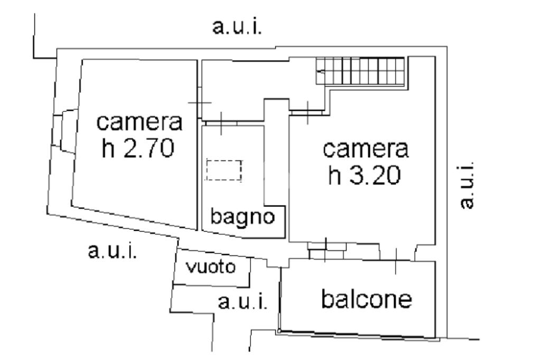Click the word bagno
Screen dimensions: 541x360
pos(244,217)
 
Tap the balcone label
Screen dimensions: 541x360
pos(367,299)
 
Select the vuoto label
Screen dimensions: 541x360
pos(211,267)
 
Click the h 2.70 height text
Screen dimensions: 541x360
pos(137,149)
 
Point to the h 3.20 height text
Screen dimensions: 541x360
pos(364,176)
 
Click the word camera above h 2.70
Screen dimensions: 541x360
pos(140,123)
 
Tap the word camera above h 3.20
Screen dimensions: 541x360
pos(366,149)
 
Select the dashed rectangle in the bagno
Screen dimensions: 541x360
pos(224,170)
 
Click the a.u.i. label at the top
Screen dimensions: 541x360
pos(237,27)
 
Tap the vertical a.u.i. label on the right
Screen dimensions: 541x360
pos(465,185)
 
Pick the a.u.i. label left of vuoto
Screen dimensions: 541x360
pos(113,251)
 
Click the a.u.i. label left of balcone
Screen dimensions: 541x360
pos(243,302)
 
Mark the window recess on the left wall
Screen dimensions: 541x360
pos(63,130)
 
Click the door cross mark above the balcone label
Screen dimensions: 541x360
pos(395,261)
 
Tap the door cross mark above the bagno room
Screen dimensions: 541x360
pos(220,123)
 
